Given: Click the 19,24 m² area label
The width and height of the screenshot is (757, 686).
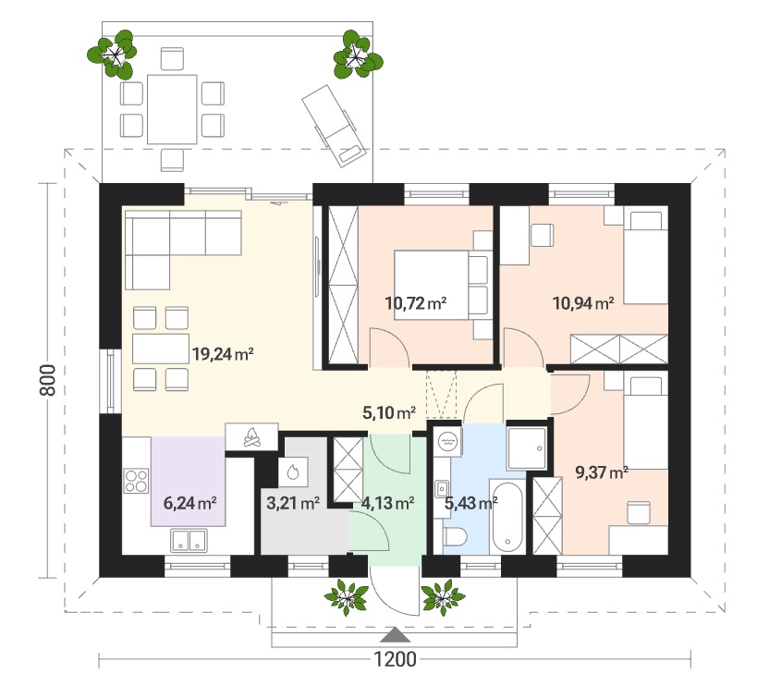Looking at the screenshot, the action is [223, 354].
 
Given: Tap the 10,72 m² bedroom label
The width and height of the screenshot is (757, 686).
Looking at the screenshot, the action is [416, 303].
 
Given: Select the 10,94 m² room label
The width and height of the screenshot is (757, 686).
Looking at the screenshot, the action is [583, 303].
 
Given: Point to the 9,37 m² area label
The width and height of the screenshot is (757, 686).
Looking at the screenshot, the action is [602, 472].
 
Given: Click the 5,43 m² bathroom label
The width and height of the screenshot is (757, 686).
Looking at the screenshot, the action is [471, 504].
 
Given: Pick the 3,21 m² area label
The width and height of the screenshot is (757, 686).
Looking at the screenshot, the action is [293, 504].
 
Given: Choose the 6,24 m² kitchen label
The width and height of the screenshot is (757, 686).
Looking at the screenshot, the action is [189, 504].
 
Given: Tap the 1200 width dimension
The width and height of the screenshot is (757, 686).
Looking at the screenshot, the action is [395, 659].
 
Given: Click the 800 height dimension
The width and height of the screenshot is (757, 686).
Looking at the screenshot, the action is [48, 380].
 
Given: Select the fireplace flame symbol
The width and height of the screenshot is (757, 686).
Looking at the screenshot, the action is [251, 436].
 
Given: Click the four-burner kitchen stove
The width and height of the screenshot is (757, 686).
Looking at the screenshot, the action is [136, 481].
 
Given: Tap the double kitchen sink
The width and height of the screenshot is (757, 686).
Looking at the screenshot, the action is [189, 540].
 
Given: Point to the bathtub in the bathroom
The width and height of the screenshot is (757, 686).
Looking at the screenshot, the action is [506, 517].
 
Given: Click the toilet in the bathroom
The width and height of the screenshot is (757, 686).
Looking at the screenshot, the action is [456, 537].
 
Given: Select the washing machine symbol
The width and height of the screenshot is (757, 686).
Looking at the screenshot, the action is [447, 441].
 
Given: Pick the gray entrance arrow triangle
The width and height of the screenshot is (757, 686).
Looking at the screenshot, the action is [395, 635].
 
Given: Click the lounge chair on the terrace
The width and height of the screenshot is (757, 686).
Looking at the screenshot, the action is [332, 126].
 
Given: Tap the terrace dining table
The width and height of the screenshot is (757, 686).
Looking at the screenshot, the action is [172, 110].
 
